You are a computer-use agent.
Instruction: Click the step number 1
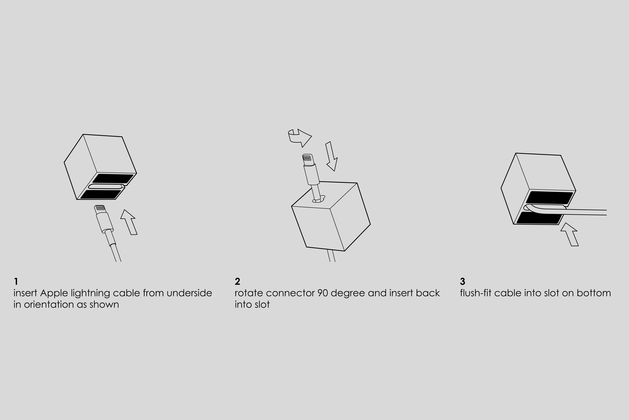(x=16, y=282)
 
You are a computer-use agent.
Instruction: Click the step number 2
(x=237, y=282)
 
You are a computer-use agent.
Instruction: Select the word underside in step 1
(x=189, y=293)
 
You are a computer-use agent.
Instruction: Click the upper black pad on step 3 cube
(x=549, y=198)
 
